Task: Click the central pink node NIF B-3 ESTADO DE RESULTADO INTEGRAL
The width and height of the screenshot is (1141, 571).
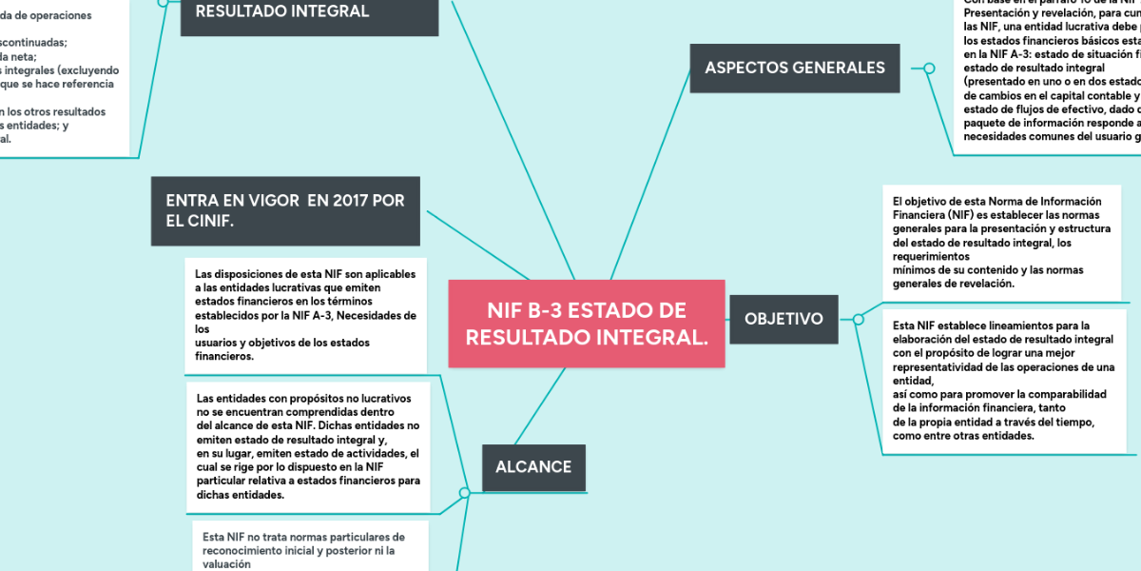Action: pyautogui.click(x=586, y=324)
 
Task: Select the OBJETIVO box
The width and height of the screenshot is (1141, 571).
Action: pyautogui.click(x=783, y=319)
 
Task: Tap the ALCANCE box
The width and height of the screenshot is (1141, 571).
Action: pyautogui.click(x=533, y=467)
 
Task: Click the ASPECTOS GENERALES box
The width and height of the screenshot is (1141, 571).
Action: pyautogui.click(x=794, y=68)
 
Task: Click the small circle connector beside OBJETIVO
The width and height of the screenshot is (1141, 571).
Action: pyautogui.click(x=859, y=319)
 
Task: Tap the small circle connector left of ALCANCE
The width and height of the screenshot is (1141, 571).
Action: pyautogui.click(x=464, y=492)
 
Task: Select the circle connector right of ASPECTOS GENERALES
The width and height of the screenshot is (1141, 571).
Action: pyautogui.click(x=929, y=68)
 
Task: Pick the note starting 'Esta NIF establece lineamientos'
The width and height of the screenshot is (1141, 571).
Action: pyautogui.click(x=1004, y=381)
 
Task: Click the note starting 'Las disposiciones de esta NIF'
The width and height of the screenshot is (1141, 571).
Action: pyautogui.click(x=306, y=315)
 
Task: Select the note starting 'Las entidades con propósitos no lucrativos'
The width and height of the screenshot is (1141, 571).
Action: pyautogui.click(x=308, y=446)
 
